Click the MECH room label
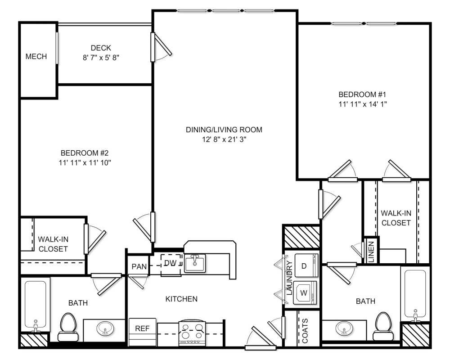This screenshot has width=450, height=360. pyautogui.click(x=36, y=57)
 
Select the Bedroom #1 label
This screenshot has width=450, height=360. pyautogui.click(x=363, y=94)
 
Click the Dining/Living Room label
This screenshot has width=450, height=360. pyautogui.click(x=224, y=130)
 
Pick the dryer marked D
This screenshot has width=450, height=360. pyautogui.click(x=305, y=266)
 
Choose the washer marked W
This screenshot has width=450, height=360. pyautogui.click(x=305, y=293)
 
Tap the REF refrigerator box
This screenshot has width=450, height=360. pyautogui.click(x=142, y=328)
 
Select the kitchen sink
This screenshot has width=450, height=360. pyautogui.click(x=194, y=262)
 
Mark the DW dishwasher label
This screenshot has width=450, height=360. pyautogui.click(x=170, y=263)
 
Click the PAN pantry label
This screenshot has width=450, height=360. pyautogui.click(x=139, y=266)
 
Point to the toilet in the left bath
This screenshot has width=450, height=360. pyautogui.click(x=68, y=326)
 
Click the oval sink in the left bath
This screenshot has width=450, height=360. pyautogui.click(x=105, y=329)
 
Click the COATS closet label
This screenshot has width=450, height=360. pyautogui.click(x=305, y=331)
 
